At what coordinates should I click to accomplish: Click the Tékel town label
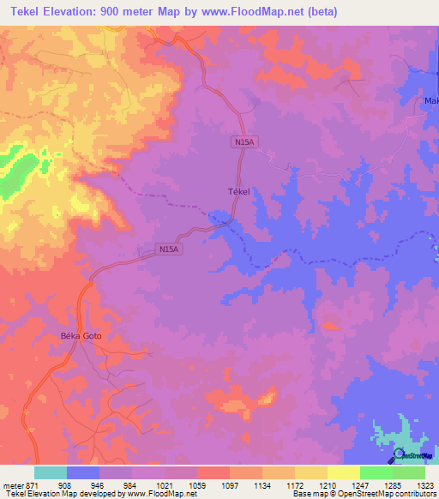tap(238, 192)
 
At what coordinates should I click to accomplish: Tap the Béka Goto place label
tap(81, 335)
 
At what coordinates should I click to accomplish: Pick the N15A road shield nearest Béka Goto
tap(169, 249)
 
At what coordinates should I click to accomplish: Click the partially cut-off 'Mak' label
tap(431, 103)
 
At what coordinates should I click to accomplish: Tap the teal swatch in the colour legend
tap(51, 472)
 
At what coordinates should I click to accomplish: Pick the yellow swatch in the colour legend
tap(344, 472)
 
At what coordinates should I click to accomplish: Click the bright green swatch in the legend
tap(376, 472)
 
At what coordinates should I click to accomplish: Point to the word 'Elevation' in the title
tap(75, 12)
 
